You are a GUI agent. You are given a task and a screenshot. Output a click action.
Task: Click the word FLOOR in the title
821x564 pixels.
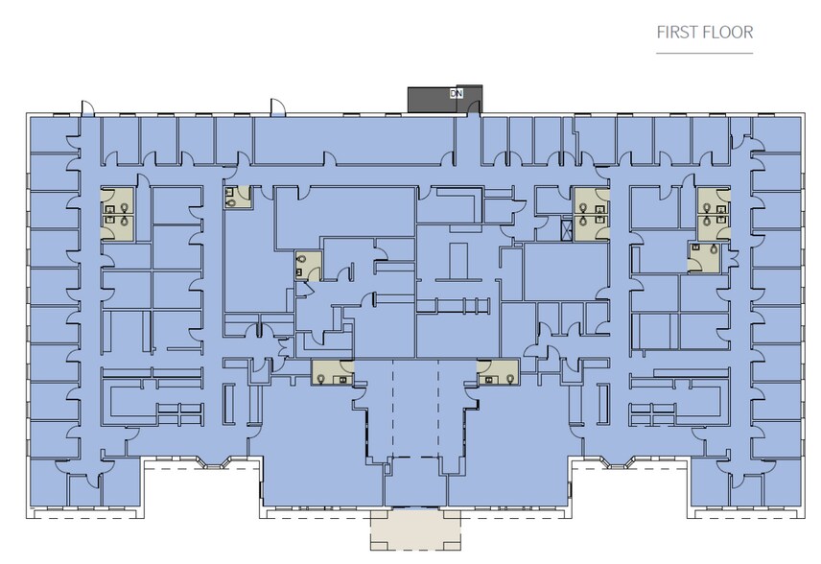tap(728, 33)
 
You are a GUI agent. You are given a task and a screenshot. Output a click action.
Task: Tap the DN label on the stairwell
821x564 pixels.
tap(456, 93)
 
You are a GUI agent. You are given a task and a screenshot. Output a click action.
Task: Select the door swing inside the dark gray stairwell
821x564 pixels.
tap(474, 106)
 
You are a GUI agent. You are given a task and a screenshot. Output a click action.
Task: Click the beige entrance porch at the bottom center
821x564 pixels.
tap(415, 530)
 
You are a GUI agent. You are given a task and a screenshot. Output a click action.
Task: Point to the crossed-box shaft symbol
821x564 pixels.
tap(567, 230)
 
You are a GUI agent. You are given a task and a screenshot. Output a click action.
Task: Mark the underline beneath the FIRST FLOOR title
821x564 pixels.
tap(704, 53)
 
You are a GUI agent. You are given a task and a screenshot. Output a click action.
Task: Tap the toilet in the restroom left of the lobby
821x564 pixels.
tap(321, 378)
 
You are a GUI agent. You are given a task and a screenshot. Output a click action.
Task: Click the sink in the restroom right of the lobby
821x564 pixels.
tap(488, 379)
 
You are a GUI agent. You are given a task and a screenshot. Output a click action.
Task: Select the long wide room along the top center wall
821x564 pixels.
tap(353, 139)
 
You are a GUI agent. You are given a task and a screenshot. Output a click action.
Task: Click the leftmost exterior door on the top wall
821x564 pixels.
tap(87, 107)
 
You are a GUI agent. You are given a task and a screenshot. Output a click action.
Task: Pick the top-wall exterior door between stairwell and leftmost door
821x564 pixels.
tap(277, 106)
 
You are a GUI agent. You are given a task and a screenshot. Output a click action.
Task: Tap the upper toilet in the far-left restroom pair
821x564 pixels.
tap(124, 208)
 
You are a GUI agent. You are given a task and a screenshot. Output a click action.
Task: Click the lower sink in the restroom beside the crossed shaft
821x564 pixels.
tap(600, 220)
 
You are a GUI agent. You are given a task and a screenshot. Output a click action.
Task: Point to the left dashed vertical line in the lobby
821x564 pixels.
tap(392, 409)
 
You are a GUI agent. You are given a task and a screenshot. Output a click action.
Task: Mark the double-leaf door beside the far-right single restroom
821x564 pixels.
tap(733, 258)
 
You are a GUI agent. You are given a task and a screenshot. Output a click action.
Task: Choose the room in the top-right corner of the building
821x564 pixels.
tap(777, 134)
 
